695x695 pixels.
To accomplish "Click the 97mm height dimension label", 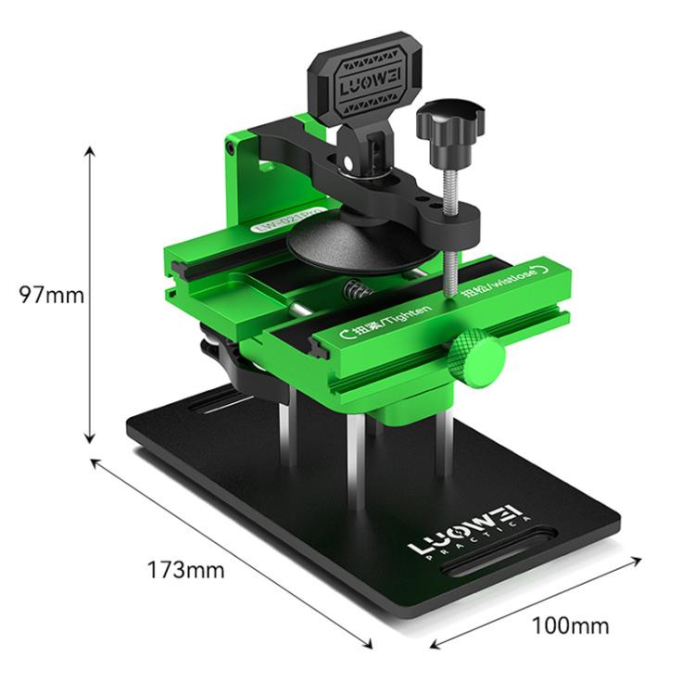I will (52, 296).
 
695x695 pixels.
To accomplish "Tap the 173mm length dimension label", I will (186, 570).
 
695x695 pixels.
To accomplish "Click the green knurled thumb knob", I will (477, 360).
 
